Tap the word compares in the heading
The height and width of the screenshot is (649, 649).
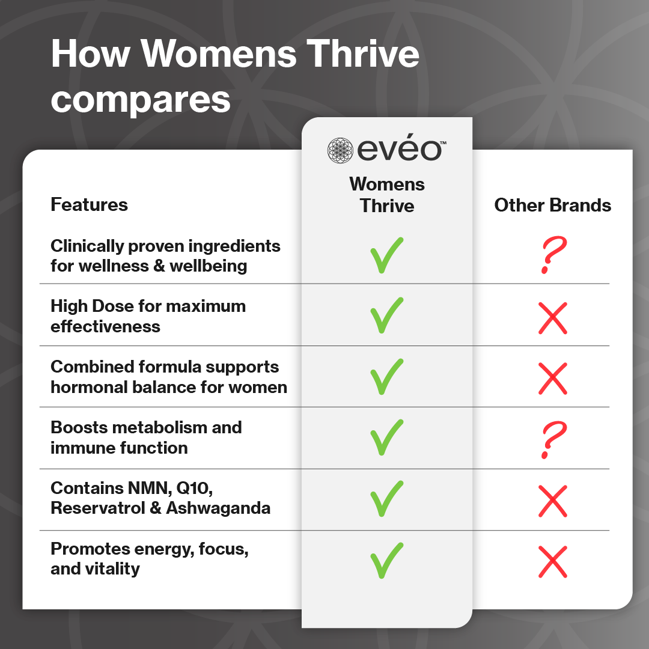141,100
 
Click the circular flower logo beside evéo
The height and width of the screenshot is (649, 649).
340,150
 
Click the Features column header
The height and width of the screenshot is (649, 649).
89,205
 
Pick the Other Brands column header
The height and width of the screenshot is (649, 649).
552,206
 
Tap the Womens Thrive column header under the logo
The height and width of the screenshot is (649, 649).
387,195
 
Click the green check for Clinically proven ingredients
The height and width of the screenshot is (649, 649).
386,255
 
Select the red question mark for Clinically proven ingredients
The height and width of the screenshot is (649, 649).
552,255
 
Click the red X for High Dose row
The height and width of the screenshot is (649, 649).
553,318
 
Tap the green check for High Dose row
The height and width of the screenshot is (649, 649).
386,317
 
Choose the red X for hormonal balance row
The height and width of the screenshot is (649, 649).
553,379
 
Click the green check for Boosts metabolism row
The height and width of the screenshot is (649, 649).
386,437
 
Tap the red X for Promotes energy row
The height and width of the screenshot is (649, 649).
553,561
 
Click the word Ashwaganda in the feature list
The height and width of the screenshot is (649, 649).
218,508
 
